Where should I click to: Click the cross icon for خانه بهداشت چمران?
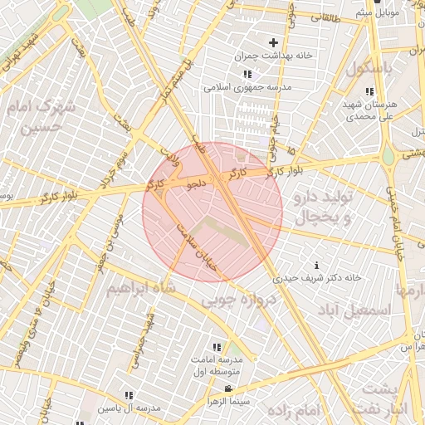273,42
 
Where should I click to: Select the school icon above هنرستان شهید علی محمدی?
369,91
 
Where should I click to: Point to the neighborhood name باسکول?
372,68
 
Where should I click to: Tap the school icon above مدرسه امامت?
217,347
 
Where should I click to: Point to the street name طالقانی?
326,17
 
